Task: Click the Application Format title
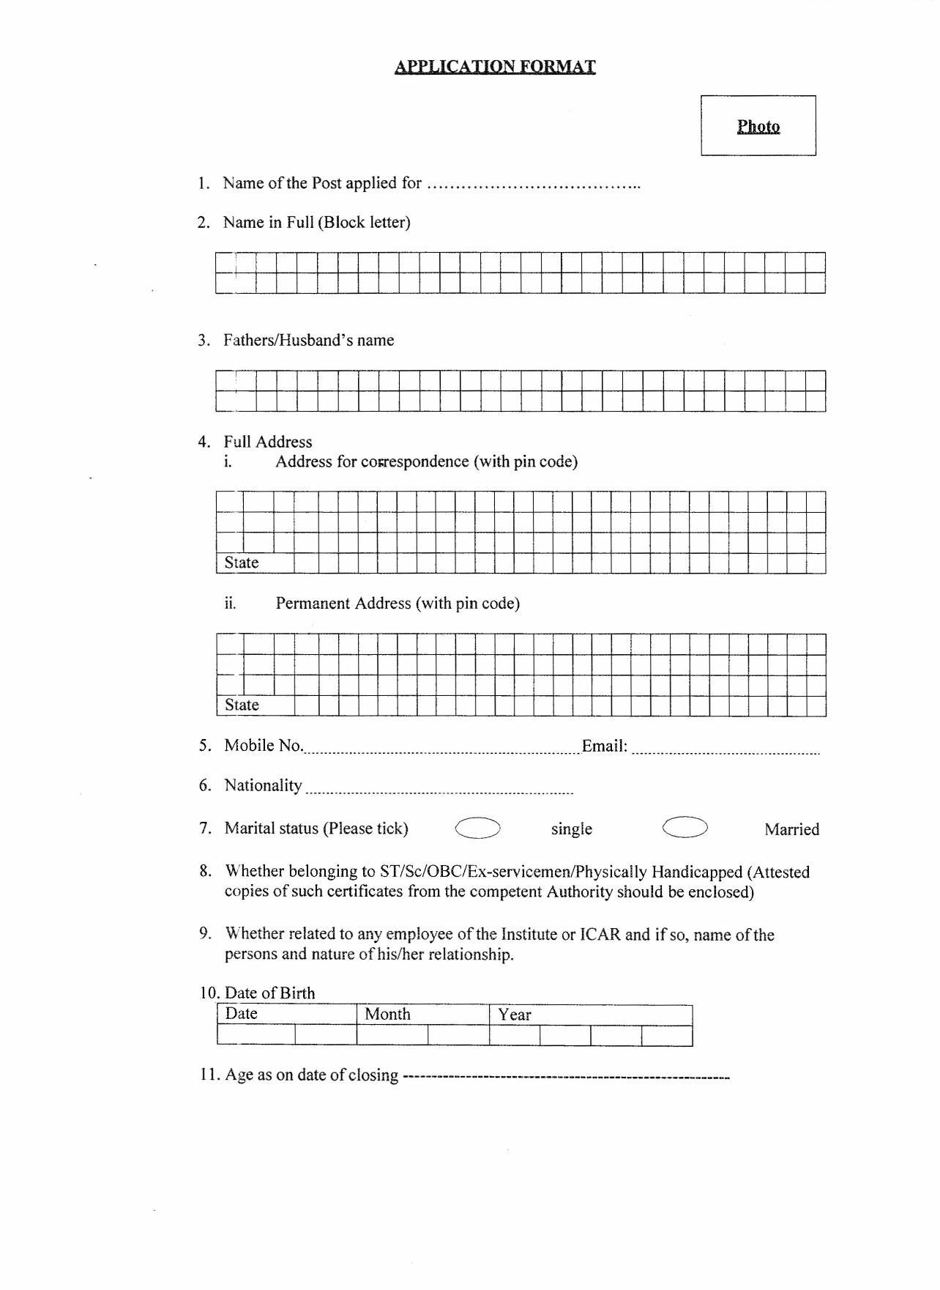point(495,67)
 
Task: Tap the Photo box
point(758,125)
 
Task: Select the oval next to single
point(477,828)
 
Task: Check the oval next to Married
point(685,828)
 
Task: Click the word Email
point(604,746)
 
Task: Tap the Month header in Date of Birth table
point(387,1015)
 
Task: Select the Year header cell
point(515,1015)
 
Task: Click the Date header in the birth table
point(241,1014)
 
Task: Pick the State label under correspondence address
point(242,563)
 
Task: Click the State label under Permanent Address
point(242,705)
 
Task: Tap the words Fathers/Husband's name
point(308,340)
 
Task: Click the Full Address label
point(268,442)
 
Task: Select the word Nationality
point(263,785)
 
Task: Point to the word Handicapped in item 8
point(696,872)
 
